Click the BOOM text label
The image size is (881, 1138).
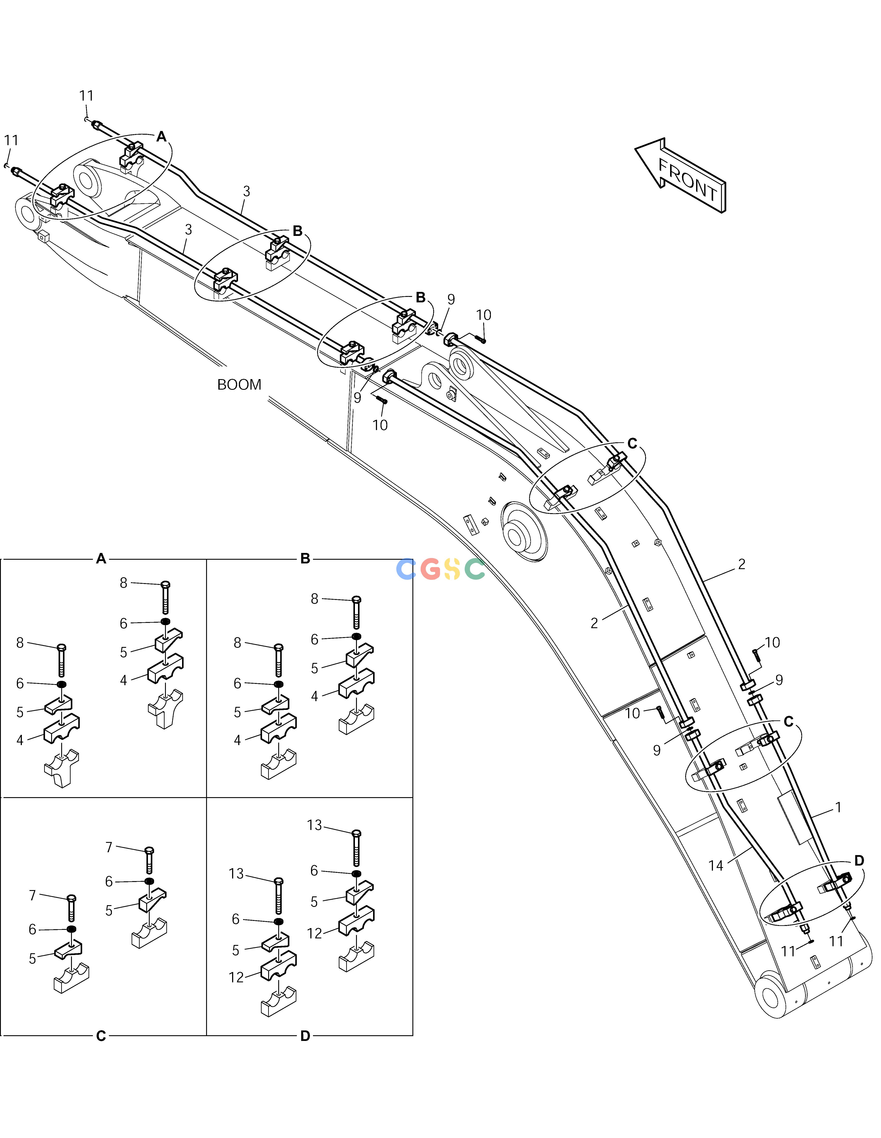[x=239, y=385]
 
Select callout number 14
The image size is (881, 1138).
[x=716, y=866]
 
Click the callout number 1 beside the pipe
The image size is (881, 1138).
[x=838, y=807]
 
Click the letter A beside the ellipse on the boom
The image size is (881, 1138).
[x=162, y=136]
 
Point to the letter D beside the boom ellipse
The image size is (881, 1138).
[x=859, y=861]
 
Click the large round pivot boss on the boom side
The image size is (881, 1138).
[x=524, y=532]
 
